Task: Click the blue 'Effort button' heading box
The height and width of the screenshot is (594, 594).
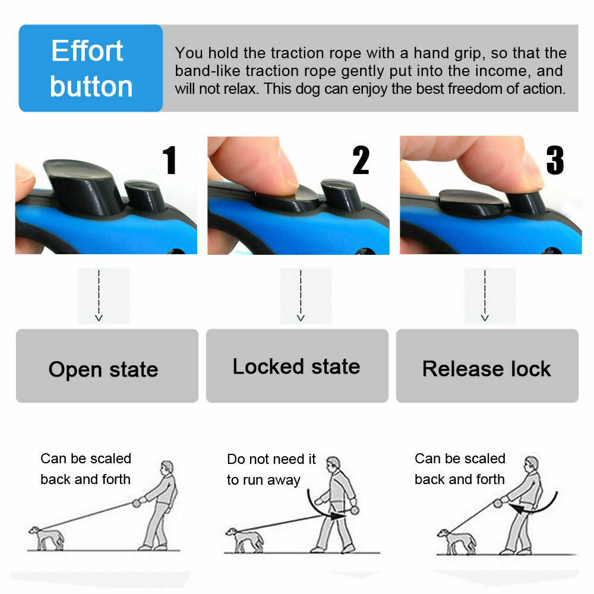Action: coord(91,68)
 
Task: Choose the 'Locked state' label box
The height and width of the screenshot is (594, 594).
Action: coord(297,366)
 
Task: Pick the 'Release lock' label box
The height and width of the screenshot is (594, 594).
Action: coord(487,366)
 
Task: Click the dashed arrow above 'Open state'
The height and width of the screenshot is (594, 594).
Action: coord(99,296)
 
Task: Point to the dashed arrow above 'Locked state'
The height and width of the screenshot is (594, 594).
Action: coord(301,296)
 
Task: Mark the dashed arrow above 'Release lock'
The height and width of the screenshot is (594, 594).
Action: coord(485,296)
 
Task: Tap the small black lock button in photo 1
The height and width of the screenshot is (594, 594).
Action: coord(145,197)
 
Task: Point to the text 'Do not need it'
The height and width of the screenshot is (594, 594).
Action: coord(271,459)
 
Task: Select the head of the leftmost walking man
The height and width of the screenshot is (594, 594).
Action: coord(168,467)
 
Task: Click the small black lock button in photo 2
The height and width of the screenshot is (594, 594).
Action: coord(342,195)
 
